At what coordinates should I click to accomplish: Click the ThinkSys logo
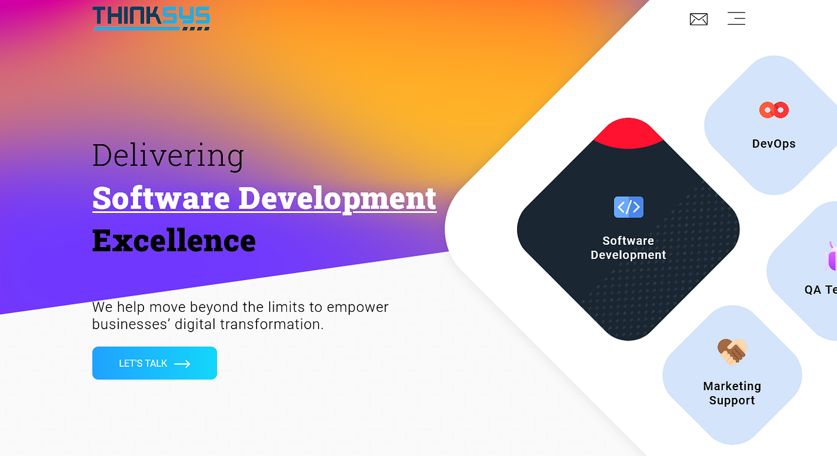(x=151, y=18)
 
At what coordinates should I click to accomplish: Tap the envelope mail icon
(x=698, y=19)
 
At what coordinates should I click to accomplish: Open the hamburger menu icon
(x=736, y=19)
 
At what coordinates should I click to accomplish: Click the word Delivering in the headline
(x=168, y=155)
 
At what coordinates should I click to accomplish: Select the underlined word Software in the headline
(x=161, y=198)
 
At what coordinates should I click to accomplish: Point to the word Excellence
(x=174, y=241)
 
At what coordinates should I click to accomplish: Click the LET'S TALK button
(x=154, y=363)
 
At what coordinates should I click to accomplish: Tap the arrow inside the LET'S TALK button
(x=182, y=363)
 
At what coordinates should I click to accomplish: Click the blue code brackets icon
(x=628, y=207)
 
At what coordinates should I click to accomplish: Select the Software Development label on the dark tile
(x=628, y=248)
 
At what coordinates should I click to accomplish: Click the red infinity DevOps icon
(x=774, y=110)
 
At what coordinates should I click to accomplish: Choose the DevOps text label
(x=774, y=144)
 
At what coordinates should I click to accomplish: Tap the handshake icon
(x=732, y=352)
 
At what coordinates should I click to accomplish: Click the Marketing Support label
(x=732, y=393)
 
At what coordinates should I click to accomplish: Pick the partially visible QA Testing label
(x=821, y=290)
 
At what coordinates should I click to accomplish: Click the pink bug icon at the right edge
(x=831, y=256)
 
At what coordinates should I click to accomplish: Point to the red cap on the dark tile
(x=628, y=133)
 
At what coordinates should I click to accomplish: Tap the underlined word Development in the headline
(x=337, y=198)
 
